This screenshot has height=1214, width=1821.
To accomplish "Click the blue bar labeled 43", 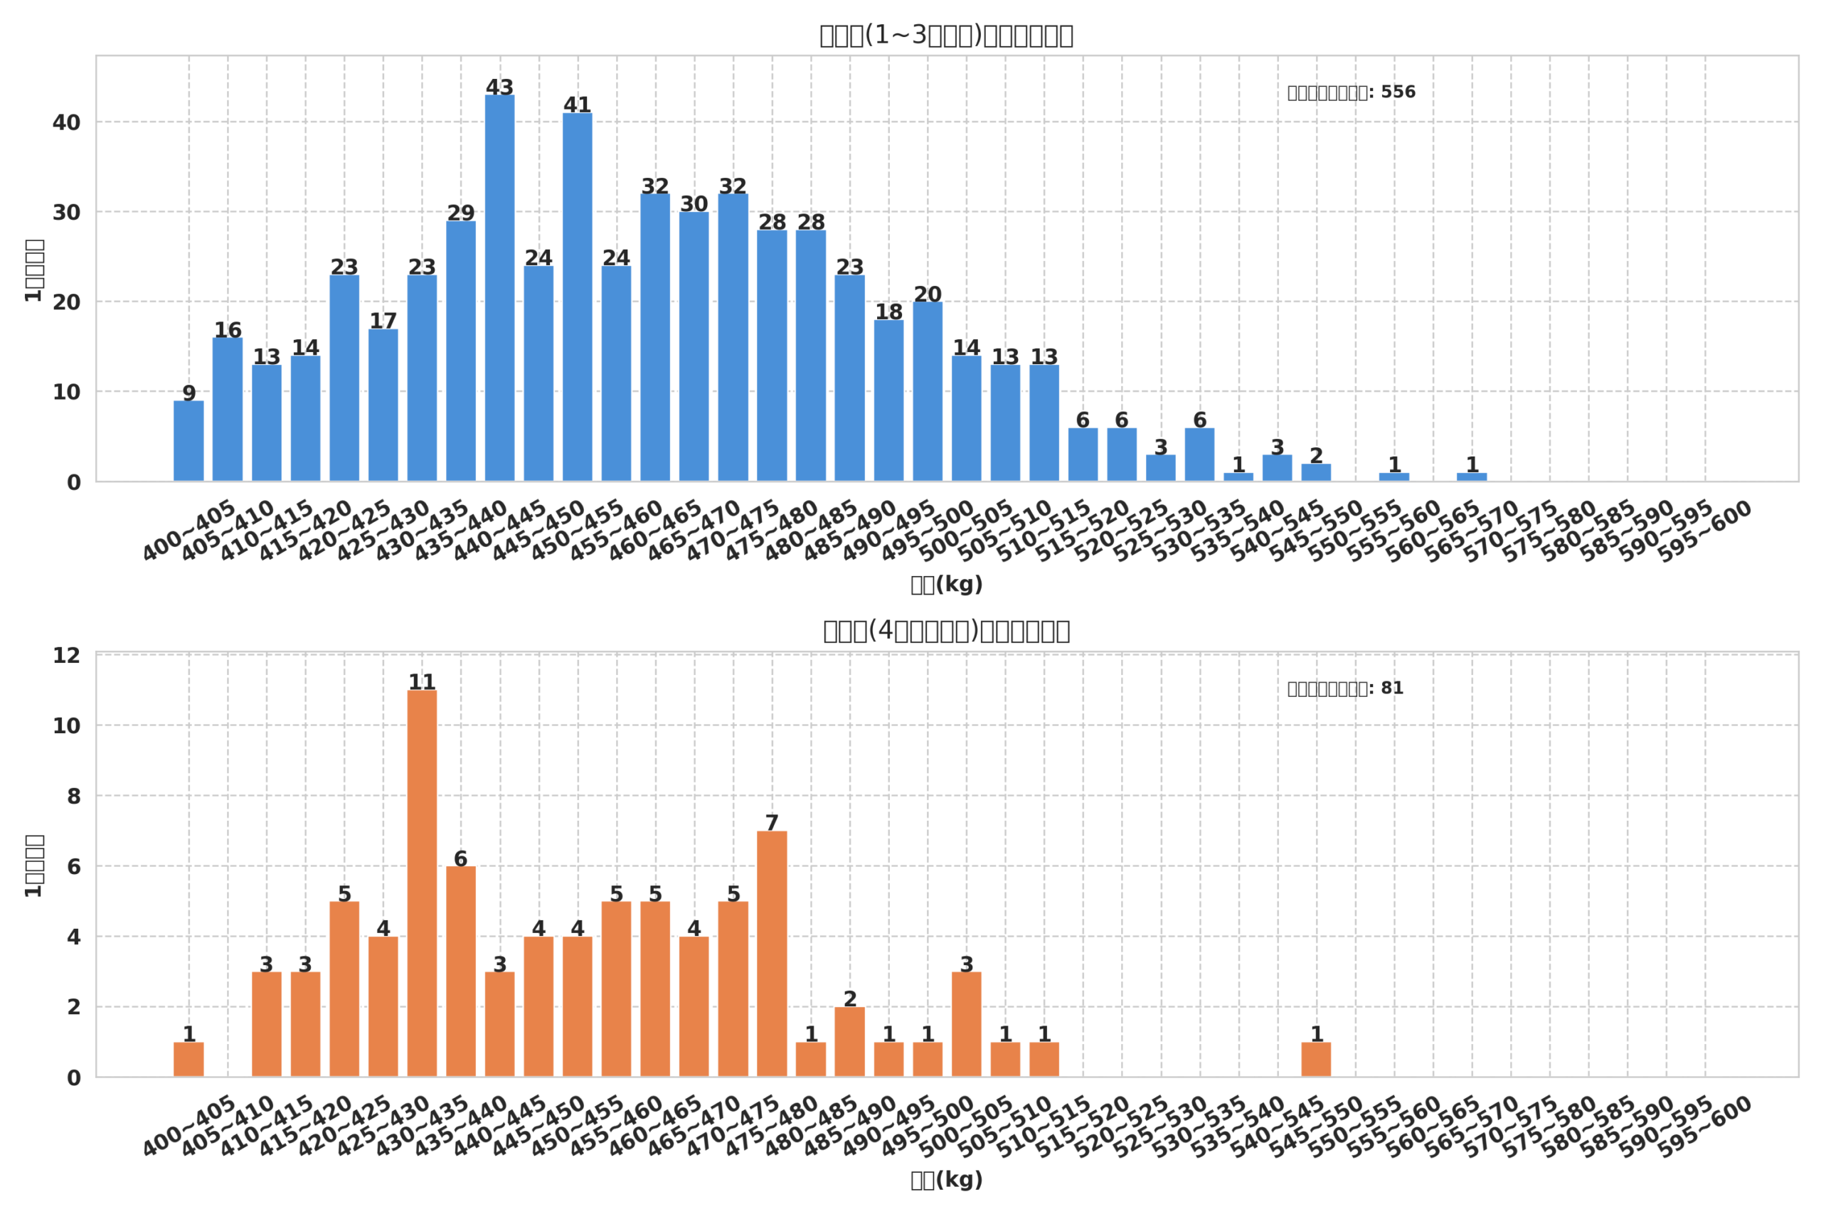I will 499,288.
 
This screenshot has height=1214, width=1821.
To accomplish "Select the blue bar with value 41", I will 577,297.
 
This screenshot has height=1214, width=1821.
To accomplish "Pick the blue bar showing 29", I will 461,351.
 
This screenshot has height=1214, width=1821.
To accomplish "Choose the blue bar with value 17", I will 383,405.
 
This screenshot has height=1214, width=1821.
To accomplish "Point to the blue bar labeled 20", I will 927,391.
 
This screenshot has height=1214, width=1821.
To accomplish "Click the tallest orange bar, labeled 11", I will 422,883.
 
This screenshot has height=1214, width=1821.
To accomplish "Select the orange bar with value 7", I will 771,953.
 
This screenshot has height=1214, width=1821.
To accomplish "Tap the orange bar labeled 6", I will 461,971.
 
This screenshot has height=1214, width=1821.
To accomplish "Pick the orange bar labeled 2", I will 849,1041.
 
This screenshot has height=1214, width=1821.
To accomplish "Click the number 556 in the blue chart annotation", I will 1398,92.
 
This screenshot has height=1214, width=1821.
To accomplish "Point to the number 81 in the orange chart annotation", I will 1391,688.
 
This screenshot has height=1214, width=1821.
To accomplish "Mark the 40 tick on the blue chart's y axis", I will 67,122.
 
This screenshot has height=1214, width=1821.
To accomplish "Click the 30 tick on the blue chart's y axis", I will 67,212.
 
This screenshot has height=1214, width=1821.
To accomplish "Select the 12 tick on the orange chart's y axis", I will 67,656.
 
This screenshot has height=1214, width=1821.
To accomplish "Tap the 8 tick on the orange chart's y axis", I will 73,796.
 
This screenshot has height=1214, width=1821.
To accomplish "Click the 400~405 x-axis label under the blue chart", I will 190,531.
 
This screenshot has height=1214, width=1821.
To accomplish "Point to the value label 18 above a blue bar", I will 888,312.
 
